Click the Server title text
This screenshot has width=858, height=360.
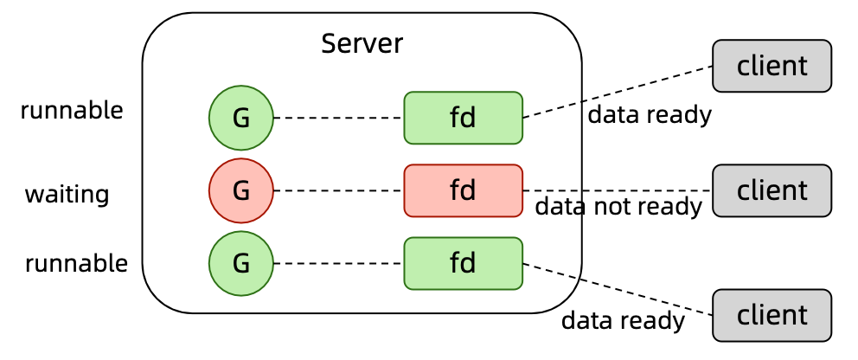point(362,43)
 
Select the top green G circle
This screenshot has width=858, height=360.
point(241,118)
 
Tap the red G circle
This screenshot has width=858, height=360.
point(241,190)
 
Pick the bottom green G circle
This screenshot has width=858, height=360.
point(241,263)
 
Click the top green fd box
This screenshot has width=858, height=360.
point(464,118)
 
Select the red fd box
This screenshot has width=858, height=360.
point(464,190)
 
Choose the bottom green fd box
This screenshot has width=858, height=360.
point(464,263)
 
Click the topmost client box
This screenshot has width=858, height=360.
point(772,66)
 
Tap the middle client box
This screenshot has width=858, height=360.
point(772,190)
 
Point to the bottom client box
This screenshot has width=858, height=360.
point(772,315)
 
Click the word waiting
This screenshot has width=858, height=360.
point(67,194)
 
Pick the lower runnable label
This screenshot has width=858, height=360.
point(76,263)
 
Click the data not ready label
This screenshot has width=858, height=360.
point(618,207)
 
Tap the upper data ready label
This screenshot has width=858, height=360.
point(650,114)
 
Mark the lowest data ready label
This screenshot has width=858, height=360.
point(623,321)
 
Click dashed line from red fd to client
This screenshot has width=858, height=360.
point(618,190)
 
